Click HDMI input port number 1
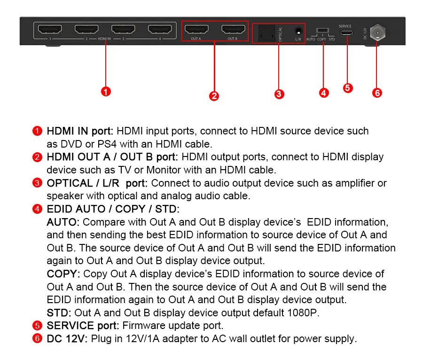coord(50,29)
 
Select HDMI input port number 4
coord(160,29)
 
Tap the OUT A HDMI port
coord(196,29)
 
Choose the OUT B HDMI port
coord(233,29)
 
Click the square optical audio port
coord(266,33)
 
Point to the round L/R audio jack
coord(298,31)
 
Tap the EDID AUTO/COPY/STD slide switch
coord(322,30)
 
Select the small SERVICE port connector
coord(346,33)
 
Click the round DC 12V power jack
coord(377,32)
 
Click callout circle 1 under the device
coord(106,92)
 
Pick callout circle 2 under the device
coord(214,96)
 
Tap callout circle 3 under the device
coord(279,94)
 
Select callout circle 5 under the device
coord(348,88)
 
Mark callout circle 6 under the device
coord(377,93)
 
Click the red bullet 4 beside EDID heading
coord(37,209)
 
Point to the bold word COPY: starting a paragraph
coord(63,274)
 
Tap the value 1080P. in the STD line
coord(303,313)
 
